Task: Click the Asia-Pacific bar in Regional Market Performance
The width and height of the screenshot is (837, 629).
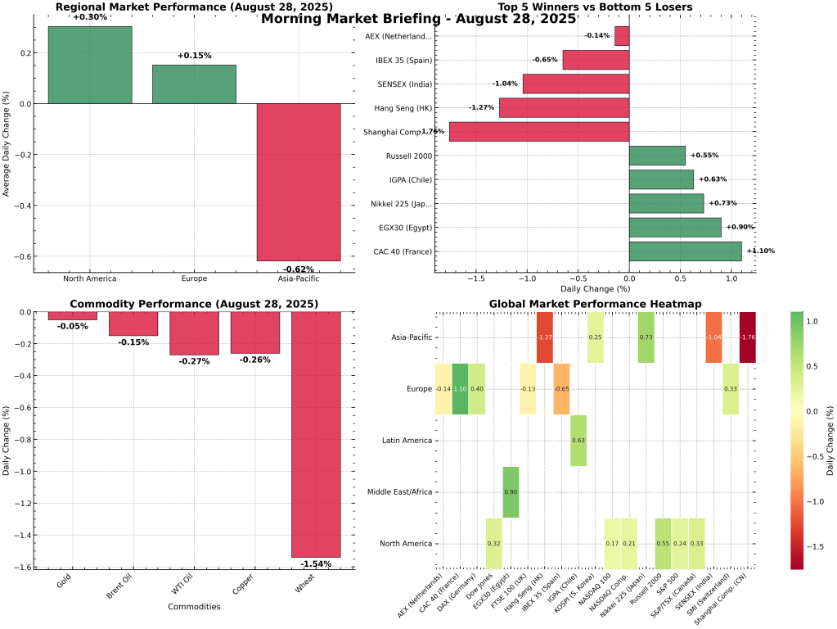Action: click(299, 182)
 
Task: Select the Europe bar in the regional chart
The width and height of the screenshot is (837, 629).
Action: click(194, 84)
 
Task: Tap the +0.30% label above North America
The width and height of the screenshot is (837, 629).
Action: click(90, 17)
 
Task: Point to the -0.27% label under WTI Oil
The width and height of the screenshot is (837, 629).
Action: click(194, 361)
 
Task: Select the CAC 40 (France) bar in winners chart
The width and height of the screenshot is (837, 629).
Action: click(685, 251)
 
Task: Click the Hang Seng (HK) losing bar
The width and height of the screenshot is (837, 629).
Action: click(564, 108)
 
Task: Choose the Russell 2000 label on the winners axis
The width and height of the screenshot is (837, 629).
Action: click(409, 156)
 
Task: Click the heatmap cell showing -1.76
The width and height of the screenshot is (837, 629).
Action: click(746, 337)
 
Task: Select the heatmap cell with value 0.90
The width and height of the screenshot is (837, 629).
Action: click(511, 492)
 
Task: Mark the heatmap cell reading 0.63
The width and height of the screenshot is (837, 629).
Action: click(578, 441)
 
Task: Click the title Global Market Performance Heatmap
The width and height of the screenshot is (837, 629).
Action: click(595, 304)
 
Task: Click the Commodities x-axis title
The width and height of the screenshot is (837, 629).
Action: click(193, 607)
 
